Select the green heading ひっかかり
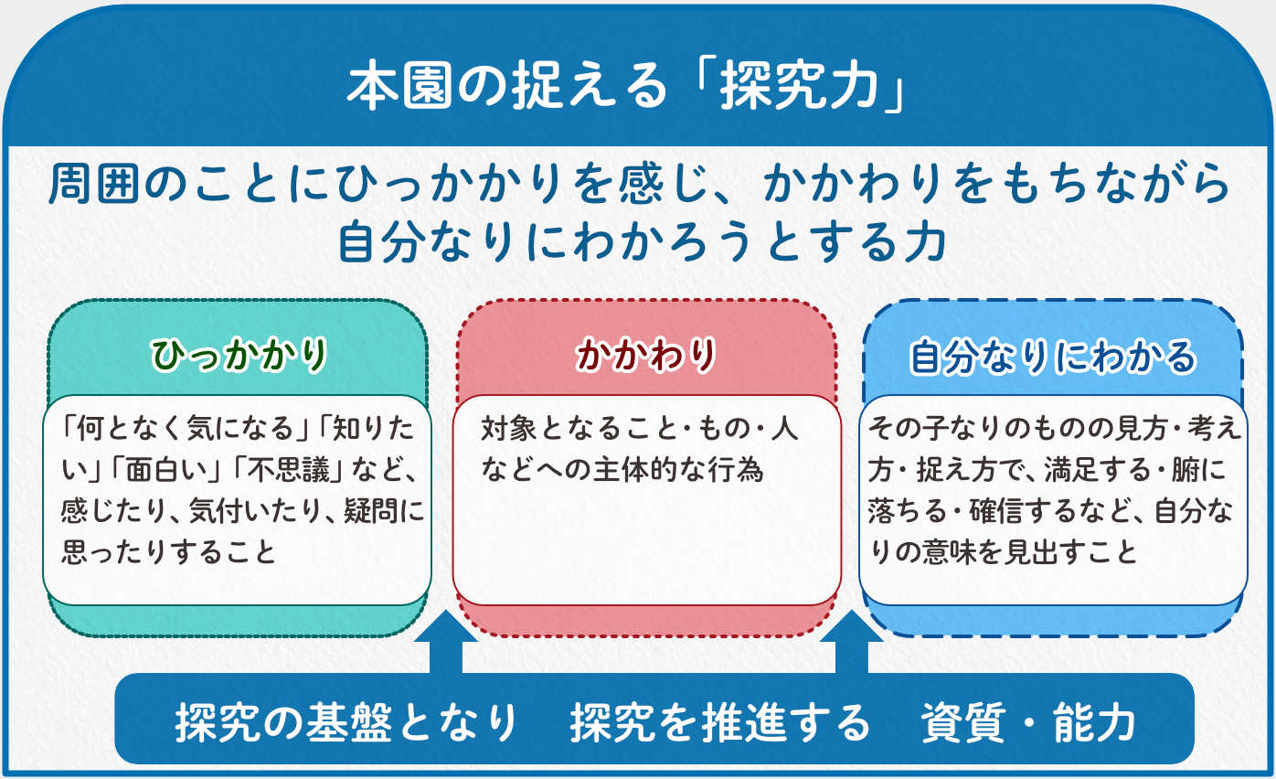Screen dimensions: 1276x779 tap(239, 355)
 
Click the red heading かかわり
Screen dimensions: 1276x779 tap(646, 355)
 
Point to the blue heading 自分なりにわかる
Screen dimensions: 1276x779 tap(1053, 357)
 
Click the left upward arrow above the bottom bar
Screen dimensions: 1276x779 tap(446, 642)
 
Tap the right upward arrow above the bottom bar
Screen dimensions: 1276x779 tap(852, 642)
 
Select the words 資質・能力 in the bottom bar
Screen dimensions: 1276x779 tap(1028, 722)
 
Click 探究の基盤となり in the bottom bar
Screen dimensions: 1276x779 tap(346, 722)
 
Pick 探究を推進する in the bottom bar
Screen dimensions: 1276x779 tap(720, 722)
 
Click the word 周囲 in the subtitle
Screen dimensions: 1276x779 tap(94, 184)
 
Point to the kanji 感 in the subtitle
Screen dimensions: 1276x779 tap(641, 184)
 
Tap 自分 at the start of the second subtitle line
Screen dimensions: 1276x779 tap(383, 242)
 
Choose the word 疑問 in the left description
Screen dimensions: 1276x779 tap(371, 510)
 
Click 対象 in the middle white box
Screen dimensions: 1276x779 tap(509, 429)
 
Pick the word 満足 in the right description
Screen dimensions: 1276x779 tap(1072, 471)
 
